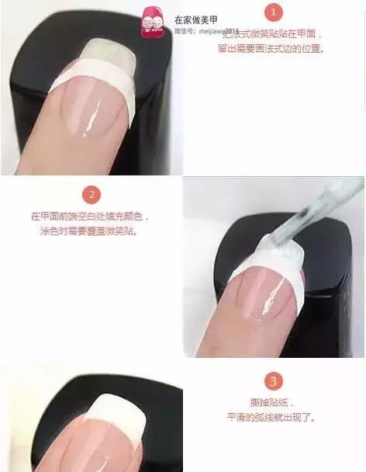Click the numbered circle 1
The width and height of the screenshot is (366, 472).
click(x=274, y=12)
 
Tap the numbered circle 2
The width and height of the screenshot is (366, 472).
click(x=91, y=194)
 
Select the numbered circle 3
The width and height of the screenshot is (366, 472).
click(x=272, y=380)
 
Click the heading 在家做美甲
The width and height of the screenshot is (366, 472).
click(x=195, y=18)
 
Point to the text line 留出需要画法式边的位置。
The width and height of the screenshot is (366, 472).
click(x=271, y=49)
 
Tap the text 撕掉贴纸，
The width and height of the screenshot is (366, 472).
click(x=271, y=402)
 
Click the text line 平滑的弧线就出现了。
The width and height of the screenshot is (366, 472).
click(x=271, y=417)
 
